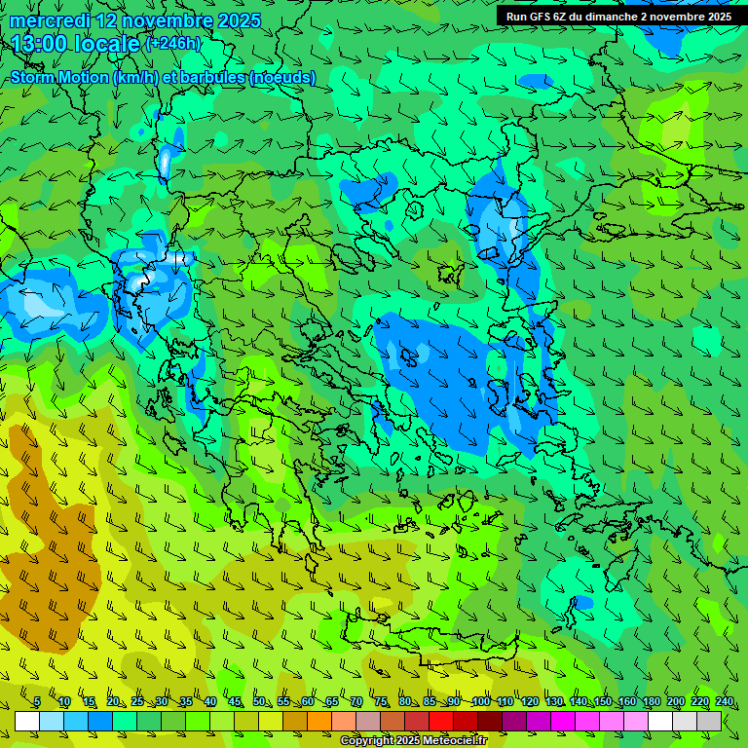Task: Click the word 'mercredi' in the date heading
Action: click(x=50, y=19)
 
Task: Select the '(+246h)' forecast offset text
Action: click(x=172, y=43)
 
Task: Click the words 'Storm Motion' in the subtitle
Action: click(x=58, y=78)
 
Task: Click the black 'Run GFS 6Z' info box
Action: click(x=618, y=17)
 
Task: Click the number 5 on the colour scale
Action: click(x=36, y=701)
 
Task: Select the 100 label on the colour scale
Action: click(x=480, y=701)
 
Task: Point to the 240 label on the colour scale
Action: click(x=724, y=701)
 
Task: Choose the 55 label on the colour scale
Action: click(x=283, y=701)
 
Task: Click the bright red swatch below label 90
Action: click(x=441, y=721)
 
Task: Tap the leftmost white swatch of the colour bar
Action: click(x=27, y=721)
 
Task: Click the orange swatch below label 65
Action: click(x=319, y=721)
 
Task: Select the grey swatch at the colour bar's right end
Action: click(x=709, y=721)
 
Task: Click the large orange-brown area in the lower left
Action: click(x=49, y=575)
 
